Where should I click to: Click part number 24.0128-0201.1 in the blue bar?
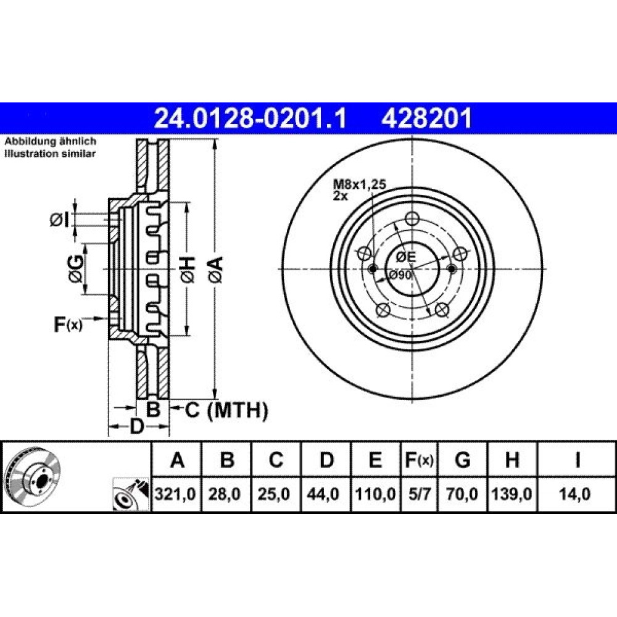(x=251, y=118)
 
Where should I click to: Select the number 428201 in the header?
(x=426, y=118)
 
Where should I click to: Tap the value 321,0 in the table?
(x=175, y=494)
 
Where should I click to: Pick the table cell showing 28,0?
(x=225, y=494)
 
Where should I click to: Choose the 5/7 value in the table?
(x=420, y=494)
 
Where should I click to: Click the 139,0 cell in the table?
(x=511, y=494)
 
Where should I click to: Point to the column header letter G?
(x=462, y=460)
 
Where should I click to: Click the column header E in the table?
(x=375, y=460)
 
